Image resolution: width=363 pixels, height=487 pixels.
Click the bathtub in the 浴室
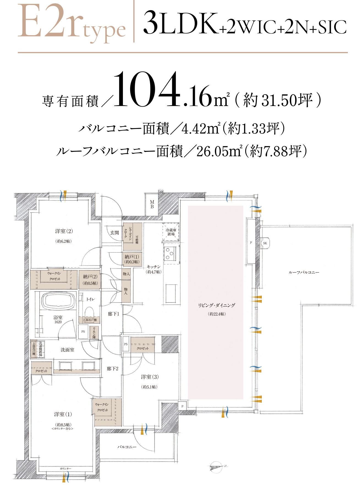58,301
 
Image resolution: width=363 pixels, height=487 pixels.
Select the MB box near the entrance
152,204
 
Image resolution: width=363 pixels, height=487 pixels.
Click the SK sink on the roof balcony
265,243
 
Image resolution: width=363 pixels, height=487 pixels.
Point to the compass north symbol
216,467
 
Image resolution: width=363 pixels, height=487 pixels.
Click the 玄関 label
114,233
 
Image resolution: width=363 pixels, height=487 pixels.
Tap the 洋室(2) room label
64,231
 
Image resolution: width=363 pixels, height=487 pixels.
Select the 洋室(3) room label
150,377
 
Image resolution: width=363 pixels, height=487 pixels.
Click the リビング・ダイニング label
217,305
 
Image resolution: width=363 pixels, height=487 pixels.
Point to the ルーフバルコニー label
304,272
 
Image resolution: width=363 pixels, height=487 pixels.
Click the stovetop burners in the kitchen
170,254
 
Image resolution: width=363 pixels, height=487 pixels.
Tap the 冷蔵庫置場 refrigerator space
171,232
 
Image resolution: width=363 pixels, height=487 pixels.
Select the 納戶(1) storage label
132,257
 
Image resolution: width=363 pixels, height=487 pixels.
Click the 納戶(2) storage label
90,277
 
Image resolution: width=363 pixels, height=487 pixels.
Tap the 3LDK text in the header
180,23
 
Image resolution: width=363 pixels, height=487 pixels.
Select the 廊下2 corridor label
112,369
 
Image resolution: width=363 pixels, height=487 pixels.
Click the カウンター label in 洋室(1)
65,469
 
